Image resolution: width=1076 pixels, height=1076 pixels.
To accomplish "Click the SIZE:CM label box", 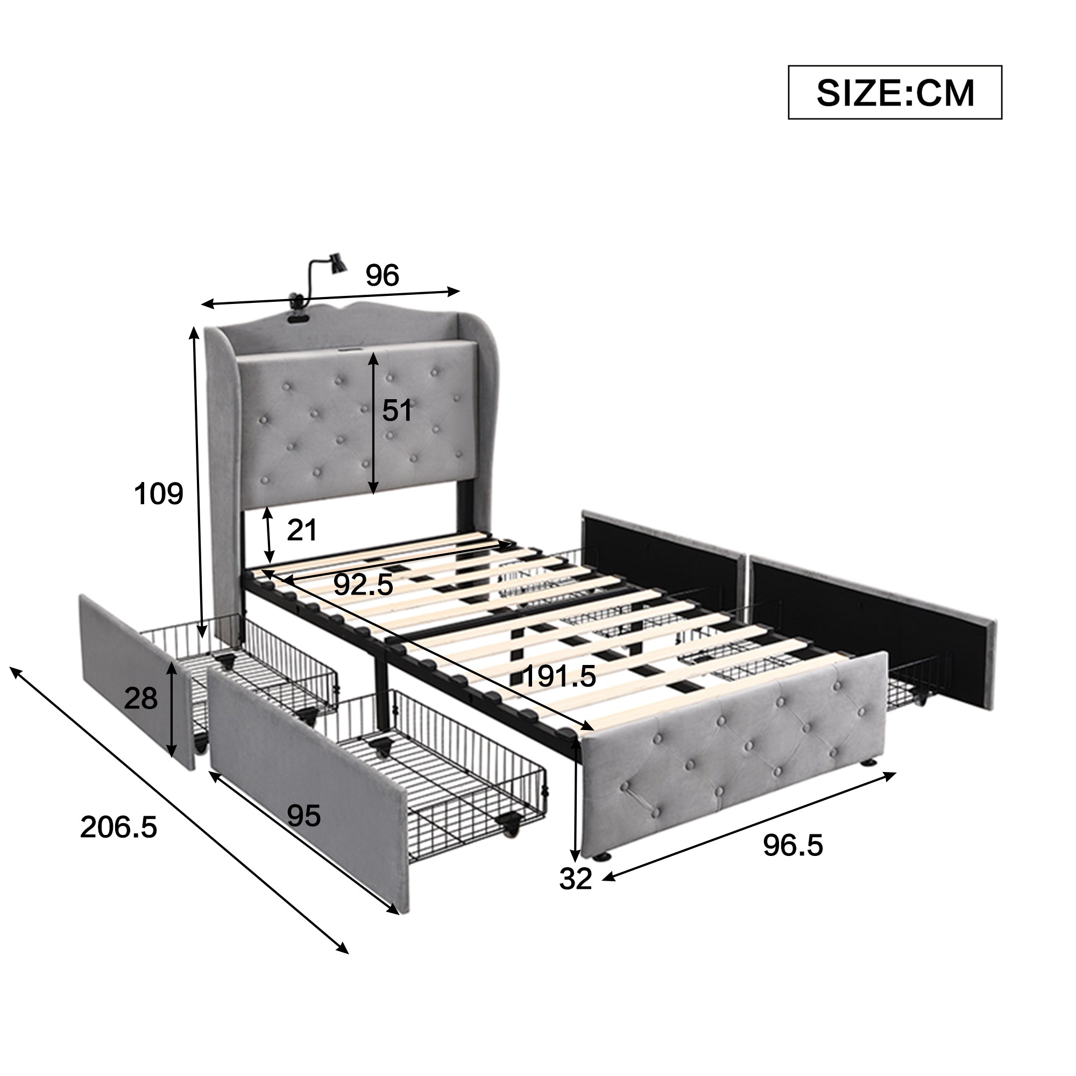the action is (x=895, y=93).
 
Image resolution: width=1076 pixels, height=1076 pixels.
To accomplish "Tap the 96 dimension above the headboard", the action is (x=383, y=275).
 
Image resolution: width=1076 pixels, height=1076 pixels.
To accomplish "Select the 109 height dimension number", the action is (x=159, y=493).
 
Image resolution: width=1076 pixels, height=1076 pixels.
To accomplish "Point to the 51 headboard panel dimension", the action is (x=397, y=410).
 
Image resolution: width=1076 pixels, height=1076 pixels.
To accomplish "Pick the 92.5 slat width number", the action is (x=364, y=585).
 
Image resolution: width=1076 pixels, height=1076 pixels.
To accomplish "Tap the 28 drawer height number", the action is (x=141, y=698).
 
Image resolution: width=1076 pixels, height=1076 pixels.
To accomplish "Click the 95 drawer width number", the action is (x=303, y=817).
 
